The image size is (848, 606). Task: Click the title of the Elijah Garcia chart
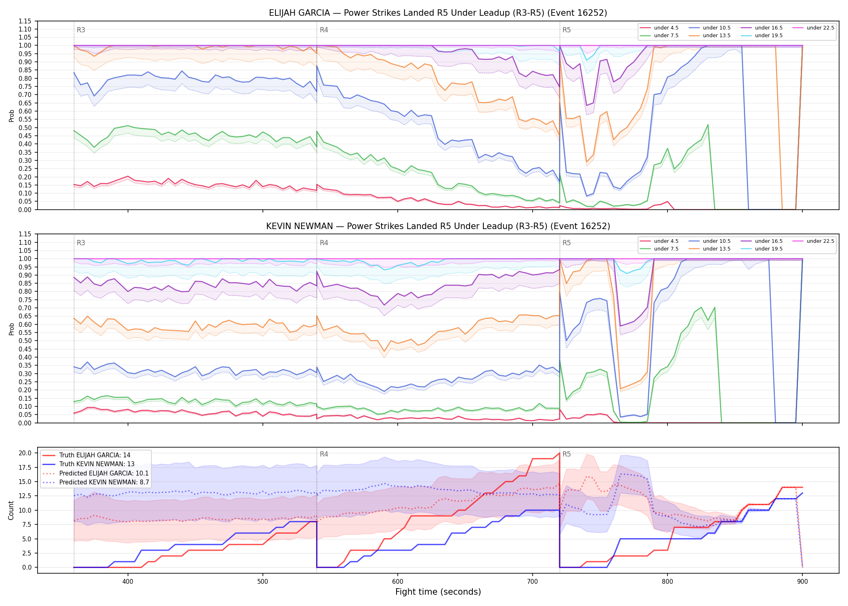[438, 13]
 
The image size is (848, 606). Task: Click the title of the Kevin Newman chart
[438, 226]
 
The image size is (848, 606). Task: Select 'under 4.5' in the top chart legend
[666, 28]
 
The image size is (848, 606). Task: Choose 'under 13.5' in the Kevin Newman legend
[717, 249]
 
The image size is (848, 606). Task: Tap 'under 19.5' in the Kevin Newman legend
[769, 249]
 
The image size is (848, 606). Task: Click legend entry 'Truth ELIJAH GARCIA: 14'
[95, 455]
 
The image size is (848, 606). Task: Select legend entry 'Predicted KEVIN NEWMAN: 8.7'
[104, 482]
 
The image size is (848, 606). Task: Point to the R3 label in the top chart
[81, 30]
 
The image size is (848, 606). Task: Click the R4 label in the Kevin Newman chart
[324, 243]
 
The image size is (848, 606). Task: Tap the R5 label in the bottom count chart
[567, 454]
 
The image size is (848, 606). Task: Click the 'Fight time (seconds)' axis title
[438, 592]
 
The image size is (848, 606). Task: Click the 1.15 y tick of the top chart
[25, 21]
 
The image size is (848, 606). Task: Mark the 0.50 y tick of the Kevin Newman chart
[25, 341]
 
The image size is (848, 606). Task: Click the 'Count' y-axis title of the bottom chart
[11, 510]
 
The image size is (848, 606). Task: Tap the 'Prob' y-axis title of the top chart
[11, 116]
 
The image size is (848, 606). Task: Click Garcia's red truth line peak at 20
[559, 453]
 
